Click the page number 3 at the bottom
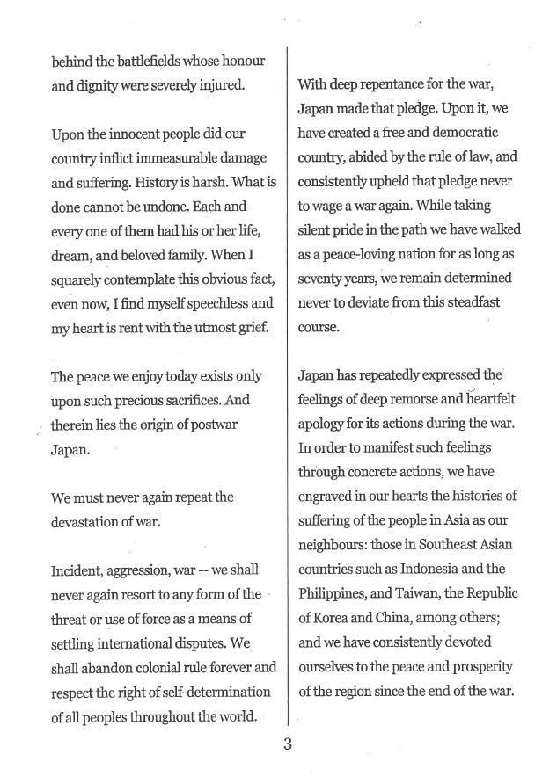click(287, 745)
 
